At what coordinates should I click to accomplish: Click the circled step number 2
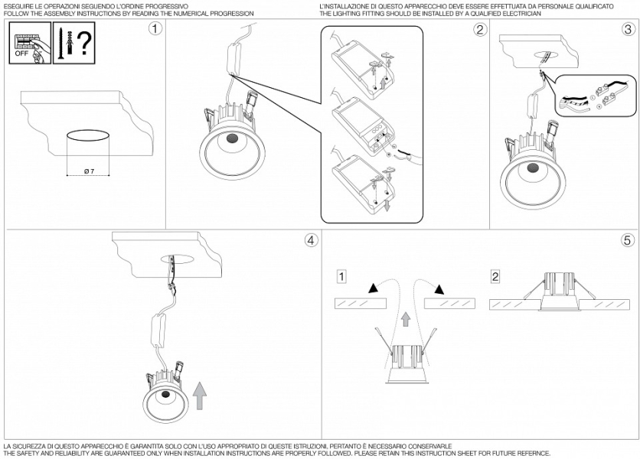pyautogui.click(x=480, y=30)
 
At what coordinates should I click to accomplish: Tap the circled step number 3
pyautogui.click(x=628, y=30)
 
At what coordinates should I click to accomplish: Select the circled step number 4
pyautogui.click(x=310, y=240)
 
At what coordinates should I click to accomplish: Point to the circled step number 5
pyautogui.click(x=628, y=240)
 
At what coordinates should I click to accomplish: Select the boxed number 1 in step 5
pyautogui.click(x=342, y=275)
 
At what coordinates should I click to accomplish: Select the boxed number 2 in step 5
pyautogui.click(x=495, y=275)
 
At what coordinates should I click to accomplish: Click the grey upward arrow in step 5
pyautogui.click(x=406, y=318)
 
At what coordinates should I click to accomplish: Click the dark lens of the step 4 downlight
pyautogui.click(x=167, y=395)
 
